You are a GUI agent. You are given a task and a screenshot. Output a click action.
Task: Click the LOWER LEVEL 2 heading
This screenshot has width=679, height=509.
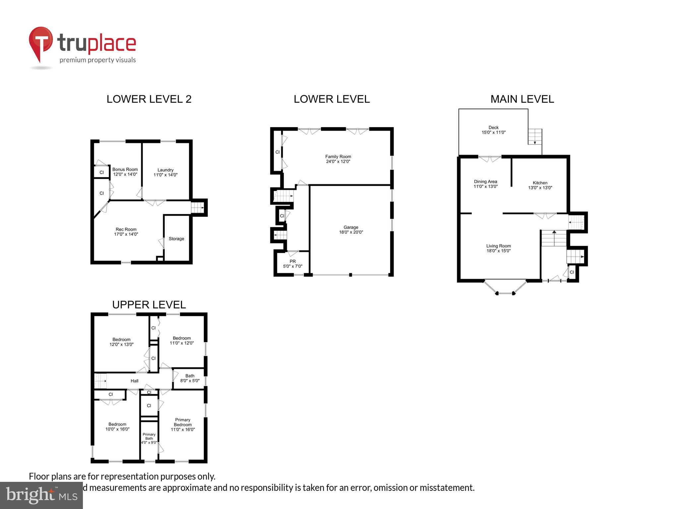pyautogui.click(x=149, y=99)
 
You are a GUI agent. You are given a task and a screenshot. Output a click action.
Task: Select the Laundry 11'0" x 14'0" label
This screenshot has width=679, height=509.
pyautogui.click(x=165, y=172)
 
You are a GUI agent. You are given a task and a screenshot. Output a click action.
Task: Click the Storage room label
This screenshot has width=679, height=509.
pyautogui.click(x=176, y=239)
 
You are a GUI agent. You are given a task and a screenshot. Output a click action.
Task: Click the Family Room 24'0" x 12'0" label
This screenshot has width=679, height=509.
pyautogui.click(x=338, y=159)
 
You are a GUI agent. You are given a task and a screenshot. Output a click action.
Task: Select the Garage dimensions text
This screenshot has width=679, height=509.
pyautogui.click(x=351, y=232)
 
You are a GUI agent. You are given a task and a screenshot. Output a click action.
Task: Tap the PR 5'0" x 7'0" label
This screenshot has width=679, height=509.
pyautogui.click(x=292, y=264)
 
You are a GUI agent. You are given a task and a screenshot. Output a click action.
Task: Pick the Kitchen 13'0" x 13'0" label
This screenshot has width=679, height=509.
pyautogui.click(x=540, y=185)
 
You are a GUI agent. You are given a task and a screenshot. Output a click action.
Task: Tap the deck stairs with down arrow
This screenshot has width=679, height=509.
pyautogui.click(x=535, y=137)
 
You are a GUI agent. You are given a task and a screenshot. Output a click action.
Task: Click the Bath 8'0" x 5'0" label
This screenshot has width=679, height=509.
pyautogui.click(x=190, y=378)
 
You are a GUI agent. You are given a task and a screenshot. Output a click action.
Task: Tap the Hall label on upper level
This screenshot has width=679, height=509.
pyautogui.click(x=134, y=381)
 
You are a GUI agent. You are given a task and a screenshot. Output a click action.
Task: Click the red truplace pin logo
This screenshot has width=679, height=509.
pyautogui.click(x=41, y=43)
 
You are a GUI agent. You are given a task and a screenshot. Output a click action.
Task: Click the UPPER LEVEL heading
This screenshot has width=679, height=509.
pyautogui.click(x=149, y=305)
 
